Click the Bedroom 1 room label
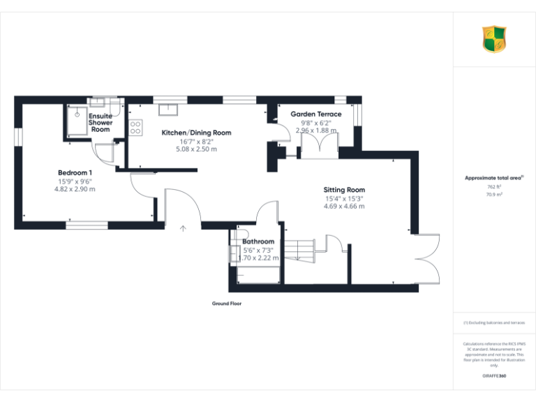tap(75, 172)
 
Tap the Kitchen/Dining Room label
tap(196, 133)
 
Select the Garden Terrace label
tap(316, 114)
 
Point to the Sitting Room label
tap(344, 190)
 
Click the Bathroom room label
tap(258, 241)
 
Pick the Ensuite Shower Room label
tap(100, 123)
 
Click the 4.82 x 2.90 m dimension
tap(75, 189)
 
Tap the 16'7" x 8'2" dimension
tap(196, 141)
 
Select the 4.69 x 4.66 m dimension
tap(344, 207)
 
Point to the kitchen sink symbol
tap(168, 107)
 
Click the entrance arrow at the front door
tap(184, 228)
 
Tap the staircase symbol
tap(301, 247)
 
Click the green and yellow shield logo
tap(494, 39)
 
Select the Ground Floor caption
tap(227, 304)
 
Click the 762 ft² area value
tap(494, 187)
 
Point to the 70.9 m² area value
tap(494, 195)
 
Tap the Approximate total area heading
tap(494, 178)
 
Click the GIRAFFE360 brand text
tap(494, 377)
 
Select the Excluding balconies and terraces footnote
tap(494, 323)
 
